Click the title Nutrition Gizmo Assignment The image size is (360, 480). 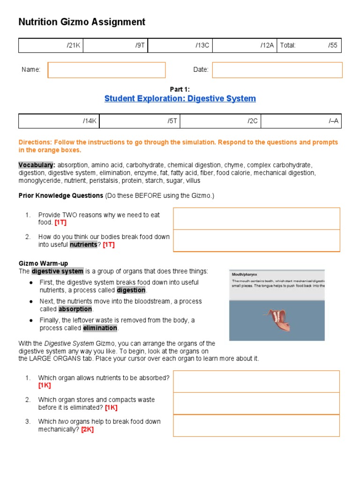(x=82, y=22)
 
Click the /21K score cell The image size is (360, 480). (x=51, y=45)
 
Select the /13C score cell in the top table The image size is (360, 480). (x=180, y=45)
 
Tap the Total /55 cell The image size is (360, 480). (x=309, y=45)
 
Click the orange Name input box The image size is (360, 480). (x=106, y=70)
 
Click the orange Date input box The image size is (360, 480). (x=277, y=70)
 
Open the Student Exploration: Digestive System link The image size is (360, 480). (x=180, y=98)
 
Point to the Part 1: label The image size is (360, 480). (x=180, y=89)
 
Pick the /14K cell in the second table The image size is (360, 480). (x=59, y=121)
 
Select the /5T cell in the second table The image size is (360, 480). (x=140, y=121)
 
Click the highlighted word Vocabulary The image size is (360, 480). (x=37, y=165)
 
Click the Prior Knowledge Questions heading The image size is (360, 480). (x=60, y=195)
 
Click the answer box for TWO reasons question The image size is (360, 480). (x=256, y=219)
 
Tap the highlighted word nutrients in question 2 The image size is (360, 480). (x=83, y=245)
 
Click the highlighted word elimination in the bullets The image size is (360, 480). (x=100, y=328)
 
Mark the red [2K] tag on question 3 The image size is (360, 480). (x=87, y=429)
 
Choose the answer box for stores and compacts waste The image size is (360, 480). (x=256, y=404)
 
